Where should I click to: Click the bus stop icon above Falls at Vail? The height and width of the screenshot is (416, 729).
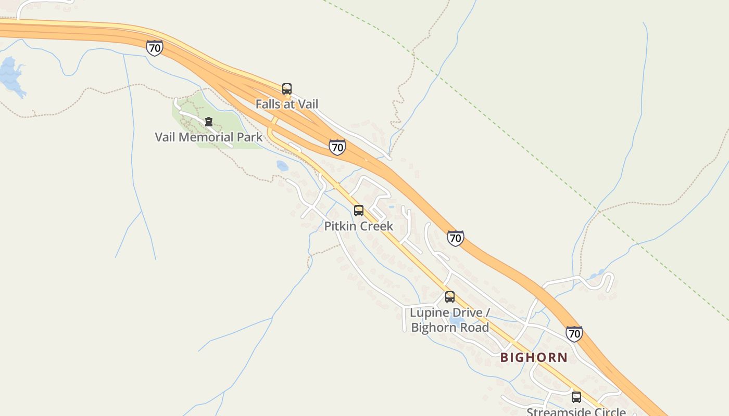(287, 89)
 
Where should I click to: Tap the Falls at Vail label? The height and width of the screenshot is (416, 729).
(286, 104)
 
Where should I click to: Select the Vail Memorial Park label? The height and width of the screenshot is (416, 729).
(209, 137)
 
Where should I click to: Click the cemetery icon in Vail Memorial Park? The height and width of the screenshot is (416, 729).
(209, 122)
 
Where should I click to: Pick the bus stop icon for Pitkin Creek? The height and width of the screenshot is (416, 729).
(359, 211)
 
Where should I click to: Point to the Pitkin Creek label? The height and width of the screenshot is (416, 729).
(359, 226)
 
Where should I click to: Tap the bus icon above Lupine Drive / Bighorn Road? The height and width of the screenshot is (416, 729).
(450, 297)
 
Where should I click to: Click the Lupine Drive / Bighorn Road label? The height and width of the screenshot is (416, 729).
(450, 320)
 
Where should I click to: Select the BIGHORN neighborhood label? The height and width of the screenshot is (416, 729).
(534, 357)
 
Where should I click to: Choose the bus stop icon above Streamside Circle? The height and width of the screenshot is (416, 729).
(576, 397)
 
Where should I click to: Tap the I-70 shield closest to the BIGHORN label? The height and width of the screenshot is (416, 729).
(574, 333)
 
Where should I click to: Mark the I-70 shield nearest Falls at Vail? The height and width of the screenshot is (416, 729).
(337, 147)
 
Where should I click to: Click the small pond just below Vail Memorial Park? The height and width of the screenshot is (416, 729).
(282, 166)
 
